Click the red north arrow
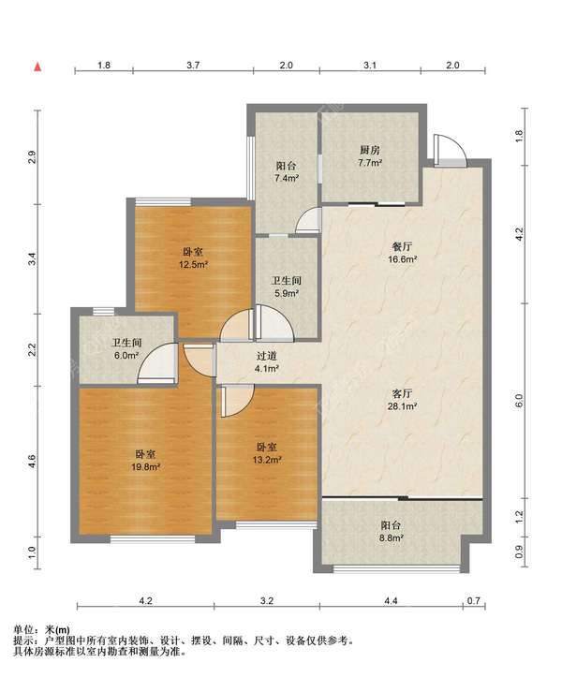(38, 66)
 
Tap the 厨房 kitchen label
(370, 150)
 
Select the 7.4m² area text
(287, 178)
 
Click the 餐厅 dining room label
(402, 246)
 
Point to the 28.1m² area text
(402, 405)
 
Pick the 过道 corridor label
(267, 356)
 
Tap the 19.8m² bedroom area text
(145, 466)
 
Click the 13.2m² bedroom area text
(267, 460)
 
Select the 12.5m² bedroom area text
(194, 264)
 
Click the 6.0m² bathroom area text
(126, 355)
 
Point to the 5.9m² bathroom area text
(287, 293)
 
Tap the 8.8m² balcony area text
(391, 538)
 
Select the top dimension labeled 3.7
(193, 66)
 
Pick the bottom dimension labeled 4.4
(391, 600)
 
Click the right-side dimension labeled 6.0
(519, 400)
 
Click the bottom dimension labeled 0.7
(474, 600)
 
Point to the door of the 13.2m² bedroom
(236, 401)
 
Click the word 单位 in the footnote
(22, 630)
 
